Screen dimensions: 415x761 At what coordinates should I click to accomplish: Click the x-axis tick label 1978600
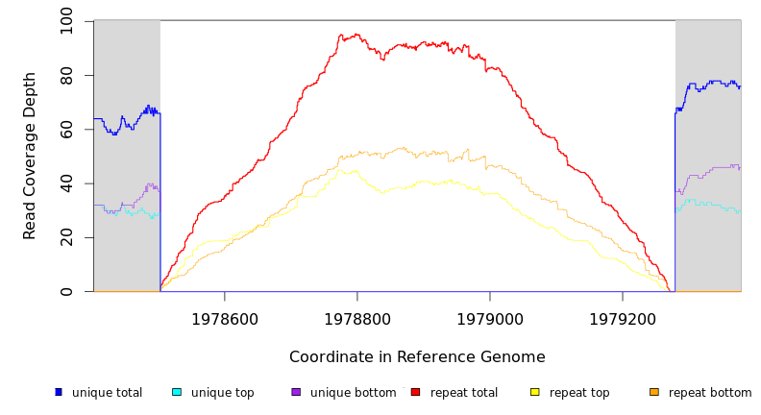pyautogui.click(x=225, y=318)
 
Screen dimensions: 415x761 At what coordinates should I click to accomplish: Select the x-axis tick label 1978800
pyautogui.click(x=357, y=318)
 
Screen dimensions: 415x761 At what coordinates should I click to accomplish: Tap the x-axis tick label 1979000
pyautogui.click(x=490, y=318)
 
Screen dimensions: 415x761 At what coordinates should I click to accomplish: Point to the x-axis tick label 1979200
pyautogui.click(x=623, y=318)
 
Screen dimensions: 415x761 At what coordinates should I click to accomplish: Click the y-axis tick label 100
pyautogui.click(x=66, y=21)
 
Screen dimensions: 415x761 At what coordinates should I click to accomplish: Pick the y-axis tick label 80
pyautogui.click(x=66, y=75)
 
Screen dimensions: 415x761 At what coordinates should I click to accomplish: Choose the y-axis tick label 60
pyautogui.click(x=66, y=129)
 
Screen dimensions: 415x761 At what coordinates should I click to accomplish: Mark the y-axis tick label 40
pyautogui.click(x=66, y=183)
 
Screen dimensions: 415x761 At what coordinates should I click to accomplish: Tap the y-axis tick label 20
pyautogui.click(x=66, y=237)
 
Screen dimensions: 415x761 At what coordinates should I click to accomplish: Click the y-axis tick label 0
pyautogui.click(x=66, y=291)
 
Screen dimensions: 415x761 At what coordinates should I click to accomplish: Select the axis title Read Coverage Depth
pyautogui.click(x=31, y=156)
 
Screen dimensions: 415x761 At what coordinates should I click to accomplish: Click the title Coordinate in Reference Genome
pyautogui.click(x=417, y=357)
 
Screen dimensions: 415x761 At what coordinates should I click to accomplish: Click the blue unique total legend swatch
pyautogui.click(x=59, y=392)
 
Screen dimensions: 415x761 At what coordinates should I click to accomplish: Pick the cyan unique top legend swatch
pyautogui.click(x=177, y=392)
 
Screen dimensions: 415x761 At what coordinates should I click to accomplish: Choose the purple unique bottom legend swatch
pyautogui.click(x=296, y=392)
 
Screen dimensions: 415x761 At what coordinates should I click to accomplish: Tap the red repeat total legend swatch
pyautogui.click(x=415, y=392)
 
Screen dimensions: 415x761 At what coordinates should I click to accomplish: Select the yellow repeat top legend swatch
pyautogui.click(x=535, y=392)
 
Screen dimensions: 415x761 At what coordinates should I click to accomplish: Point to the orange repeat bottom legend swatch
pyautogui.click(x=654, y=392)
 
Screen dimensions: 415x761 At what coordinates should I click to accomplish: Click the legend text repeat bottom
pyautogui.click(x=710, y=393)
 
